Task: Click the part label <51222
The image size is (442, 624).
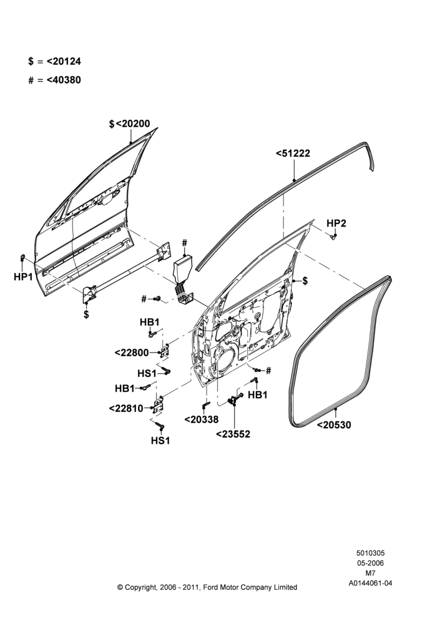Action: click(293, 154)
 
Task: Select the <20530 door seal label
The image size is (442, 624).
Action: click(334, 425)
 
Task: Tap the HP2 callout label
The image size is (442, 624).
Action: click(336, 223)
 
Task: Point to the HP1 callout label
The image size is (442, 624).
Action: click(23, 276)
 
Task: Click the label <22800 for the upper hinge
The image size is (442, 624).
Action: click(131, 353)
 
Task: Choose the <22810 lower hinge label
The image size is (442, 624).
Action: click(126, 408)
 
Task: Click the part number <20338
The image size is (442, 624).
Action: click(202, 419)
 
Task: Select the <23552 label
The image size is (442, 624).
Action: click(233, 434)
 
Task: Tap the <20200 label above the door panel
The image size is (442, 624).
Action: click(130, 124)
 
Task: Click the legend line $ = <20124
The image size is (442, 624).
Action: click(54, 61)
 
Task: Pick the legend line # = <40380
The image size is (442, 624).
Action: click(54, 80)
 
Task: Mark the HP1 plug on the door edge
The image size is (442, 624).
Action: click(22, 257)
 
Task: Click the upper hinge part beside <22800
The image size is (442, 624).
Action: click(164, 351)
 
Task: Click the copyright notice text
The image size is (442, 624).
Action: click(207, 587)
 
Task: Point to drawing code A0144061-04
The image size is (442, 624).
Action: click(370, 583)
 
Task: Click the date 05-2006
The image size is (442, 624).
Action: click(370, 563)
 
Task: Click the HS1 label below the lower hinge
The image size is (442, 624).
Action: click(160, 441)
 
